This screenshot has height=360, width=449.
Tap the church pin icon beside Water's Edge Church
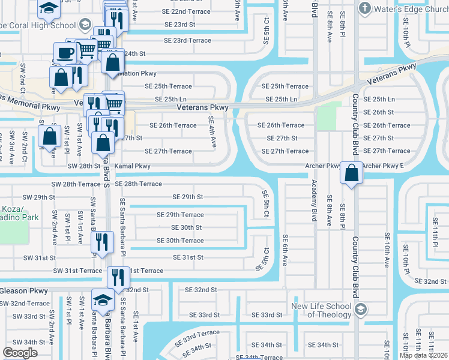[x=364, y=9]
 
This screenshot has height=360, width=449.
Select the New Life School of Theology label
[x=322, y=310]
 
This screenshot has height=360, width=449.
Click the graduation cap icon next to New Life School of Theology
[x=360, y=310]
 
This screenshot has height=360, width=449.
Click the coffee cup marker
[x=65, y=52]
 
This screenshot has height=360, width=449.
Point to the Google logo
[x=20, y=353]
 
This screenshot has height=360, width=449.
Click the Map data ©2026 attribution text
[x=423, y=355]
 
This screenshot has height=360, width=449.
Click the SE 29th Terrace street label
[x=180, y=214]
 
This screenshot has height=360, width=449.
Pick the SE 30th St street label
[x=186, y=227]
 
